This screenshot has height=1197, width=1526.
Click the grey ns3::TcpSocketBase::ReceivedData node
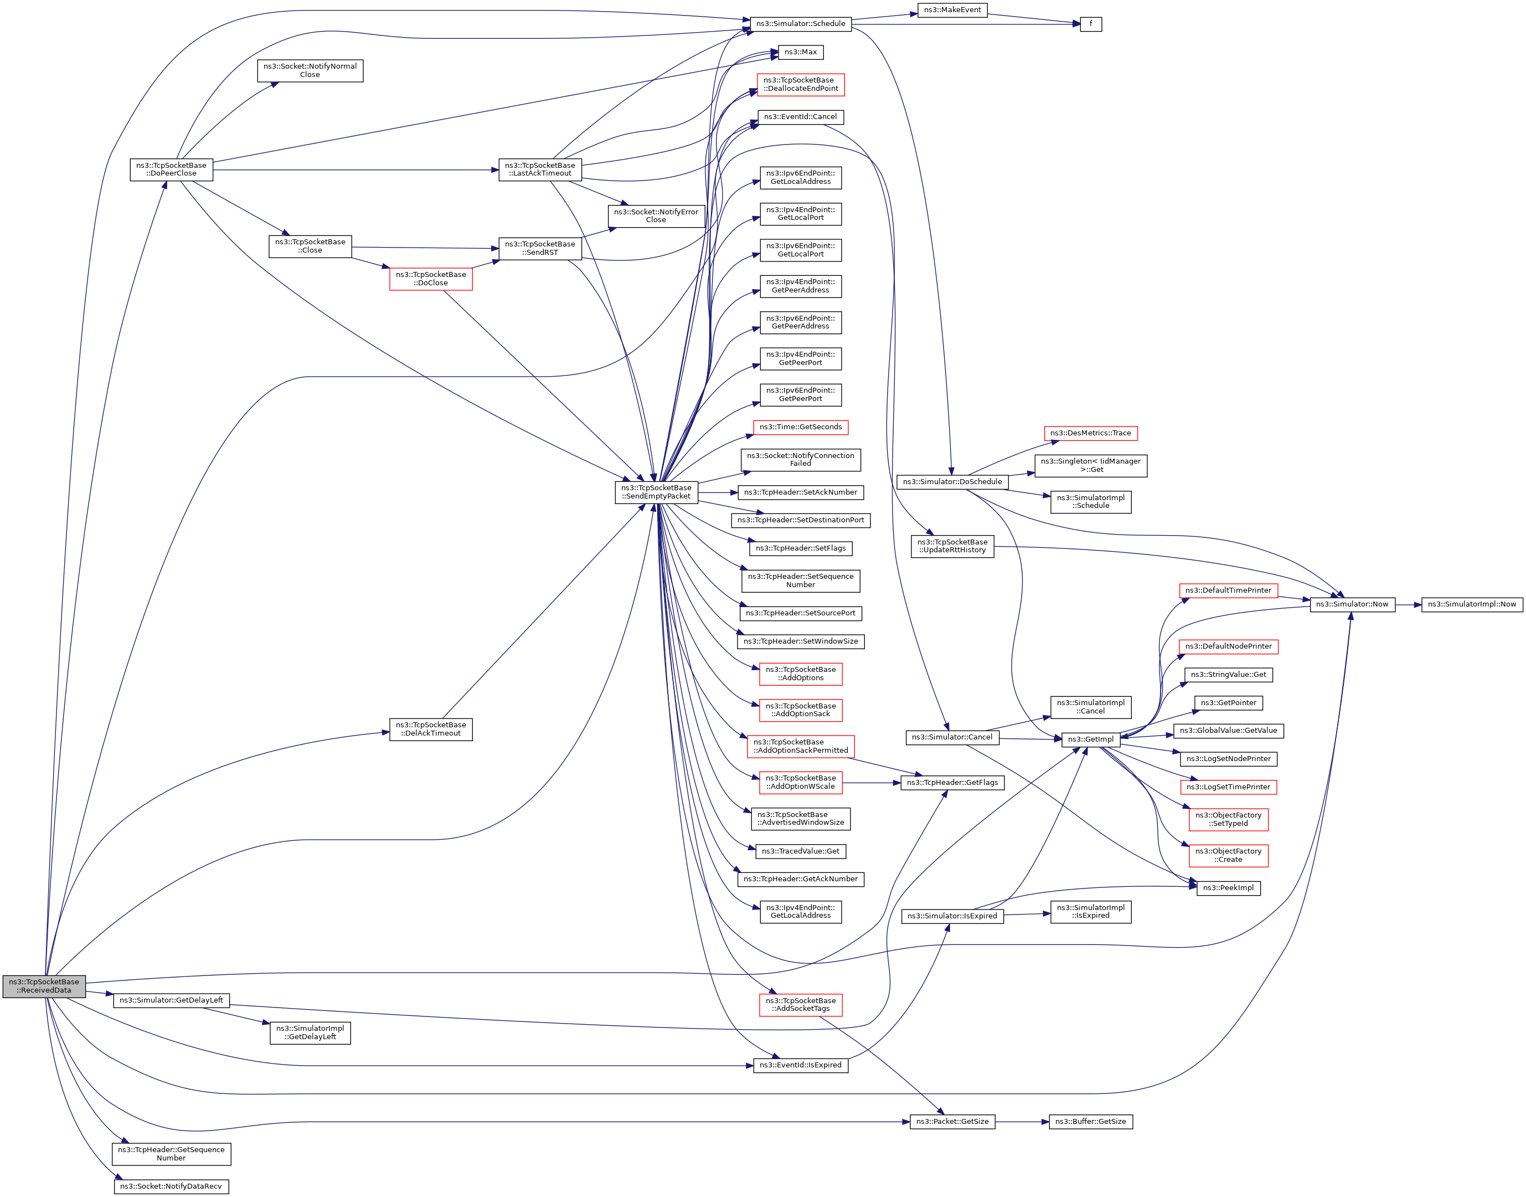tap(43, 986)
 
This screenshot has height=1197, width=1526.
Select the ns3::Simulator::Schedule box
tap(800, 24)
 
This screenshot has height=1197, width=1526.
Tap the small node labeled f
tap(1090, 24)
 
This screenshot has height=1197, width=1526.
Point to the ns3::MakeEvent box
tap(952, 10)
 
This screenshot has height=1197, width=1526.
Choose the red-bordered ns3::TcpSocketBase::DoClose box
tap(431, 279)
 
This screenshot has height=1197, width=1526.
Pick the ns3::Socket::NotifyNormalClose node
tap(310, 70)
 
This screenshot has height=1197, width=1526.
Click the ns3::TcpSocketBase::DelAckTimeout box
tap(431, 729)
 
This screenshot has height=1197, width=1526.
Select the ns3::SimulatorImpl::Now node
tap(1471, 604)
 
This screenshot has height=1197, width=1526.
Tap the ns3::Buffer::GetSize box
tap(1090, 1121)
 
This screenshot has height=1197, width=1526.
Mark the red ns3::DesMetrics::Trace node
tap(1090, 433)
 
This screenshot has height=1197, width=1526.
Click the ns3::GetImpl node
tap(1090, 739)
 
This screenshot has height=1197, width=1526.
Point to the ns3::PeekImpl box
tap(1228, 888)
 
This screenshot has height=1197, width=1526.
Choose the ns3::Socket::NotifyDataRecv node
tap(171, 1186)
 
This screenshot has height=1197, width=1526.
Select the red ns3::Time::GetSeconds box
tap(800, 427)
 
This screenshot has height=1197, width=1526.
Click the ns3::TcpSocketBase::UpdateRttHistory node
tap(952, 546)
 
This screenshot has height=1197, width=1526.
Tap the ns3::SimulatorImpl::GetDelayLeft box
tap(310, 1032)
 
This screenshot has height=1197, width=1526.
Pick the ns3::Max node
tap(800, 52)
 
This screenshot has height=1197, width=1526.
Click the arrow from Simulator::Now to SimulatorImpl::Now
tap(1408, 604)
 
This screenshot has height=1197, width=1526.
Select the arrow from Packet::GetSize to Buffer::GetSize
tap(1022, 1121)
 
